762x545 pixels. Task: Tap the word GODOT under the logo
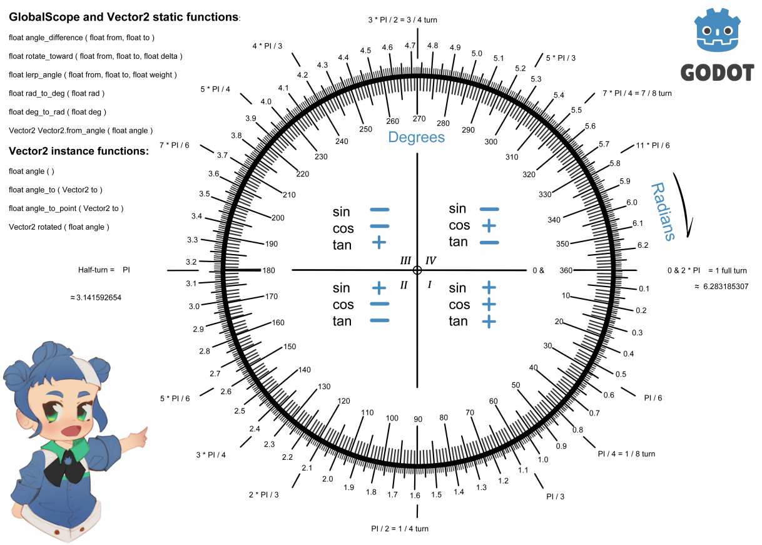717,73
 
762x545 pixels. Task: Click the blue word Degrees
417,137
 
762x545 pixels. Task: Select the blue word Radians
663,211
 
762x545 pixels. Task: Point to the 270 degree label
419,118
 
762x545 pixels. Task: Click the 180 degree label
269,270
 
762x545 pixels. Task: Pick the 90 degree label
418,419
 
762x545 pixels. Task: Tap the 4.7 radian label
410,45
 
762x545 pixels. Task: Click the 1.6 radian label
415,496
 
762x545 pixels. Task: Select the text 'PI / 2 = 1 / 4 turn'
400,529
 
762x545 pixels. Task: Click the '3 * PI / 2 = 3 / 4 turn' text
402,20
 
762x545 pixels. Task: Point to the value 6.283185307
726,287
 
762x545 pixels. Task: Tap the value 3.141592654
99,298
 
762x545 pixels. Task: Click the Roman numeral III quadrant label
405,260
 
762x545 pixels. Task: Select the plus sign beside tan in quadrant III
379,243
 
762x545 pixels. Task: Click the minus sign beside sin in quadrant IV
489,209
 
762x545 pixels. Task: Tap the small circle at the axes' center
417,270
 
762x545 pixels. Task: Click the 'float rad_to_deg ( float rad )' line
56,94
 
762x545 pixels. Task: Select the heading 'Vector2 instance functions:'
79,151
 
